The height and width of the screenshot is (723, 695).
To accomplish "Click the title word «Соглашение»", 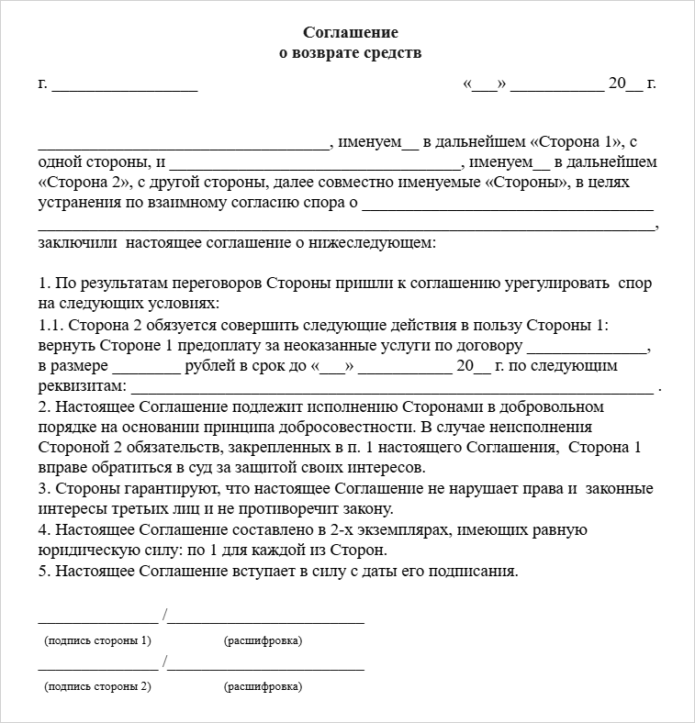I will point(350,33).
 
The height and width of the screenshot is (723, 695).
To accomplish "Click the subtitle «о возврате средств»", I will point(350,53).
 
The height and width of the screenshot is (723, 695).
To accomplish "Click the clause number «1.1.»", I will point(52,325).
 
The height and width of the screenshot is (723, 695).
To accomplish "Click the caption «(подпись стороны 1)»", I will point(97,640).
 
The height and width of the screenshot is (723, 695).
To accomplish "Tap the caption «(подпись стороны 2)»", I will point(97,686).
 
